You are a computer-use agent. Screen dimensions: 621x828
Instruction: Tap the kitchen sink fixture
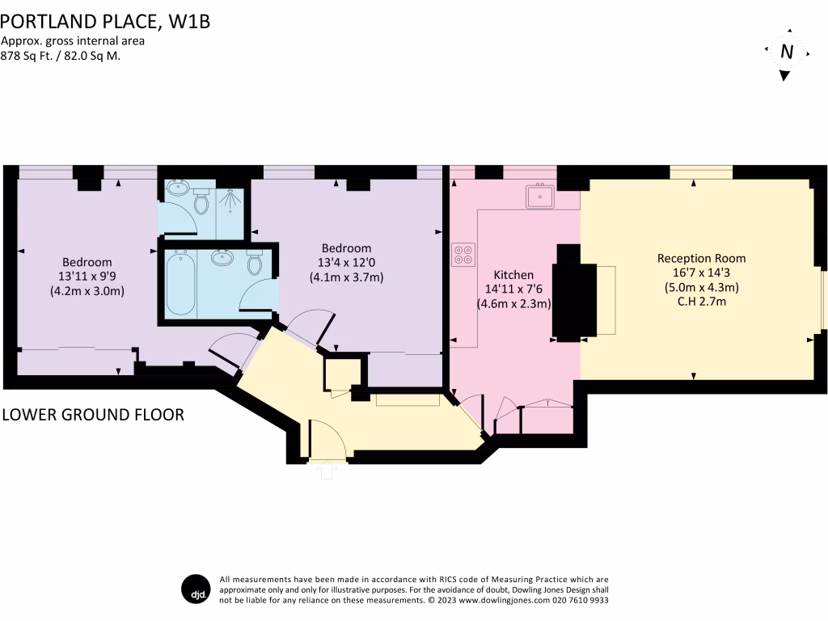[x=539, y=196]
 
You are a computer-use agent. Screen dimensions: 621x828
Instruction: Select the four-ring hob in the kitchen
[x=463, y=255]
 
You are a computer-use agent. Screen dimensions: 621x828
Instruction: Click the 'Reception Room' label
[x=701, y=258]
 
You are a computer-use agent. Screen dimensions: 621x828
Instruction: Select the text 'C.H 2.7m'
[x=701, y=302]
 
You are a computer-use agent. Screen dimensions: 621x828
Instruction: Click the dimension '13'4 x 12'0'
[x=346, y=263]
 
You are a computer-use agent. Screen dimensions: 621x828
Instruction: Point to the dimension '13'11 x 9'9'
[x=87, y=277]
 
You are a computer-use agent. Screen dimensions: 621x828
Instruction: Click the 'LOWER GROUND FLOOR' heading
[x=93, y=415]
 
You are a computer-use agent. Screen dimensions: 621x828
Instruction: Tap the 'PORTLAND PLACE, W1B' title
[x=105, y=21]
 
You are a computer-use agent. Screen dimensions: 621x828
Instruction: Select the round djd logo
[x=195, y=589]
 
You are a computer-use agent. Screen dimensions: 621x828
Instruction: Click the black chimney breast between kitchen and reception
[x=566, y=291]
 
